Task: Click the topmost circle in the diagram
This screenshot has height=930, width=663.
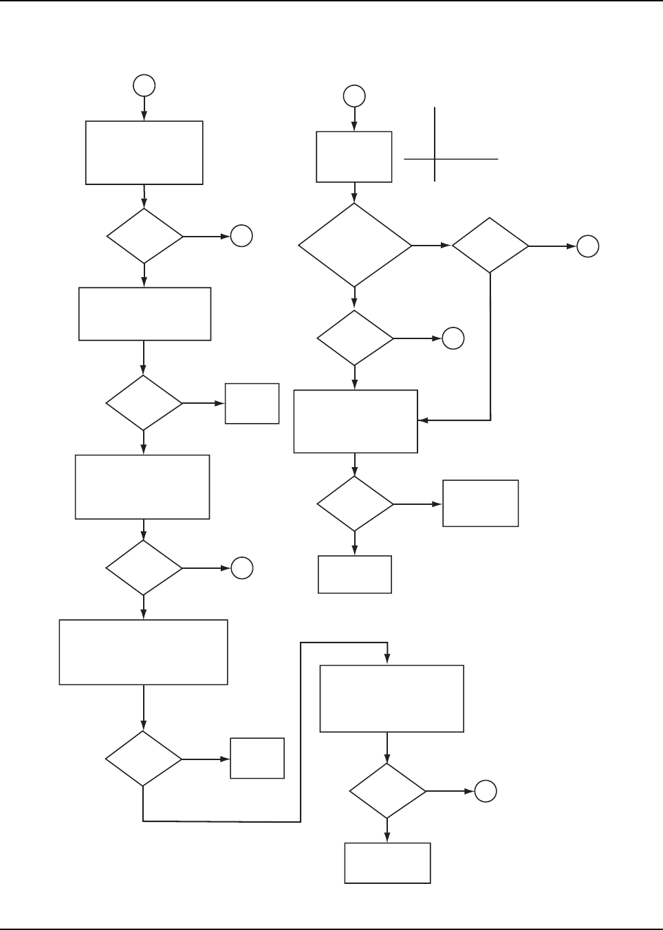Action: click(x=144, y=85)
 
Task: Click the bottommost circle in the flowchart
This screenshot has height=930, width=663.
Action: click(x=486, y=792)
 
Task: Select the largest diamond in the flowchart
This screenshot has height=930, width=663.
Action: click(x=355, y=245)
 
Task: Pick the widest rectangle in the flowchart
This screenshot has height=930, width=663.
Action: click(x=143, y=652)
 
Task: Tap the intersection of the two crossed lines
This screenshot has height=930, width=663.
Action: click(x=435, y=159)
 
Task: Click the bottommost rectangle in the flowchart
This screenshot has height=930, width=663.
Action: click(x=387, y=863)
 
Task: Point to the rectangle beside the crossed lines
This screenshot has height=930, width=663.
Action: click(x=354, y=157)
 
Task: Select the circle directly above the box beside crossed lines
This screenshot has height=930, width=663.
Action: click(x=354, y=96)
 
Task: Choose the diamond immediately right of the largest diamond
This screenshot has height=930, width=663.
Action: click(x=490, y=246)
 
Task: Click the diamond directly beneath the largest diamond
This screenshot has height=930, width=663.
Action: click(x=355, y=338)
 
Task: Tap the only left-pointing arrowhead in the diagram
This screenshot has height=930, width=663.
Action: click(x=422, y=420)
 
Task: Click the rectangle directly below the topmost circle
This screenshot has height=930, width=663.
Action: click(x=144, y=153)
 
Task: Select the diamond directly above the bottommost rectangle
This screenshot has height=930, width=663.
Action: click(x=387, y=791)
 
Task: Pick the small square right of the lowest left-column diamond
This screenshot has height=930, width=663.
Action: click(x=257, y=758)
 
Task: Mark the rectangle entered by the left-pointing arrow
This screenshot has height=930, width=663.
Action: click(x=356, y=422)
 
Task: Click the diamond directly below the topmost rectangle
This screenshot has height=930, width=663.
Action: click(x=144, y=236)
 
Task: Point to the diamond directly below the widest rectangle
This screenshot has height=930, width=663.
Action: click(x=143, y=759)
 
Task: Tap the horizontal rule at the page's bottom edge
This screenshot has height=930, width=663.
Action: click(x=331, y=929)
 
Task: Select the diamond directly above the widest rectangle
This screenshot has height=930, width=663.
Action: click(x=144, y=567)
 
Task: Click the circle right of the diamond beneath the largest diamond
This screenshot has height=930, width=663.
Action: click(x=453, y=338)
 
